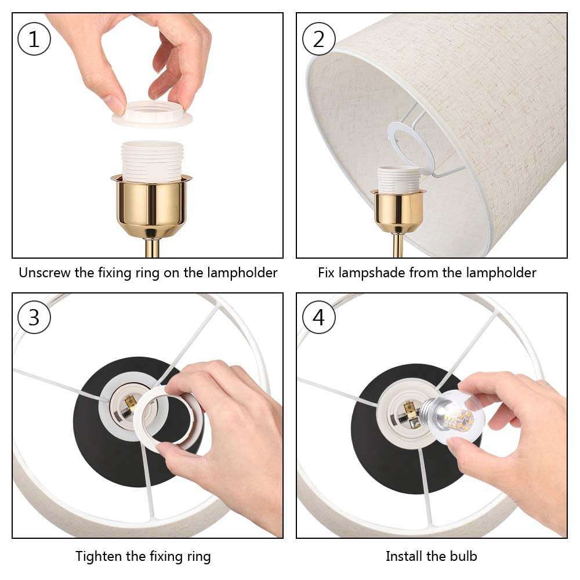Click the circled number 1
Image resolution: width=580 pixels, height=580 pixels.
(x=34, y=39)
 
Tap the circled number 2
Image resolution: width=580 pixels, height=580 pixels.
(x=319, y=39)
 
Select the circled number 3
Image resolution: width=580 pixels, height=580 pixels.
(x=34, y=317)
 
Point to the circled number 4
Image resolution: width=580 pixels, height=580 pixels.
(x=319, y=317)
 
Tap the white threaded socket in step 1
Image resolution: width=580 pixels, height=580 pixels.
(x=153, y=162)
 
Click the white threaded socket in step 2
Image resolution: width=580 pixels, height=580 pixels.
(x=398, y=180)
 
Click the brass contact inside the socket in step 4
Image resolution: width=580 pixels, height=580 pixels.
(x=409, y=411)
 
